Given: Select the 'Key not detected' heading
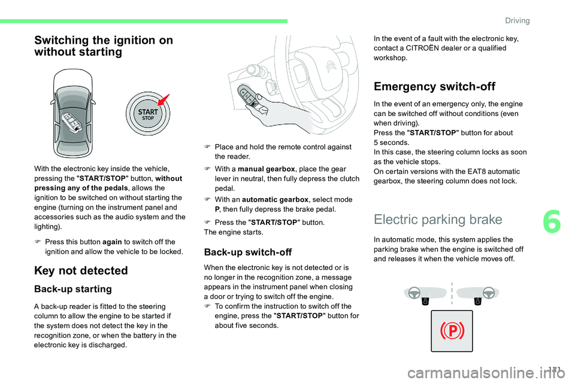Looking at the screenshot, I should pyautogui.click(x=81, y=270).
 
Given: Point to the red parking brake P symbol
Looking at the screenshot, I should pyautogui.click(x=453, y=331).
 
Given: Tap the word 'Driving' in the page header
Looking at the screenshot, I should pyautogui.click(x=517, y=20).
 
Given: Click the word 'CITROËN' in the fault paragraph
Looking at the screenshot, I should pyautogui.click(x=429, y=48).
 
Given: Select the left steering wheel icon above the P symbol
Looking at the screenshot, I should pyautogui.click(x=413, y=293).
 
